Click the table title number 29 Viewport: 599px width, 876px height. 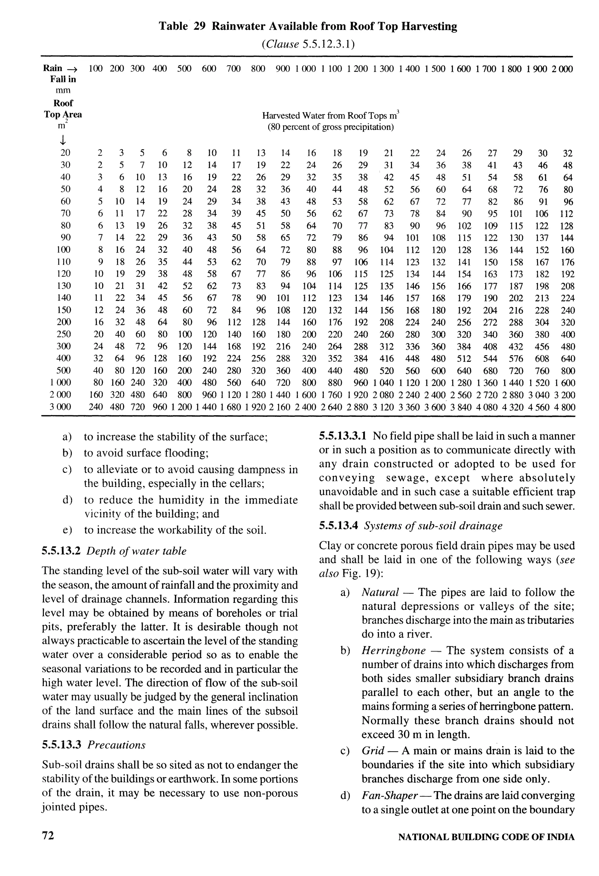click(x=199, y=26)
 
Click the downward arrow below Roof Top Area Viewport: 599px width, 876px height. click(x=63, y=140)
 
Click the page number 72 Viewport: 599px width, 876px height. click(x=48, y=836)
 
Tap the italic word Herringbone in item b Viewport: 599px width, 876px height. click(x=393, y=651)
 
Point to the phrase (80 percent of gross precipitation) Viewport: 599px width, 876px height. click(x=331, y=127)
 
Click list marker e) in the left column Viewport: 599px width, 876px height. click(x=68, y=530)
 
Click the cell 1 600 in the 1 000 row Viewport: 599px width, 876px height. click(x=565, y=383)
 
